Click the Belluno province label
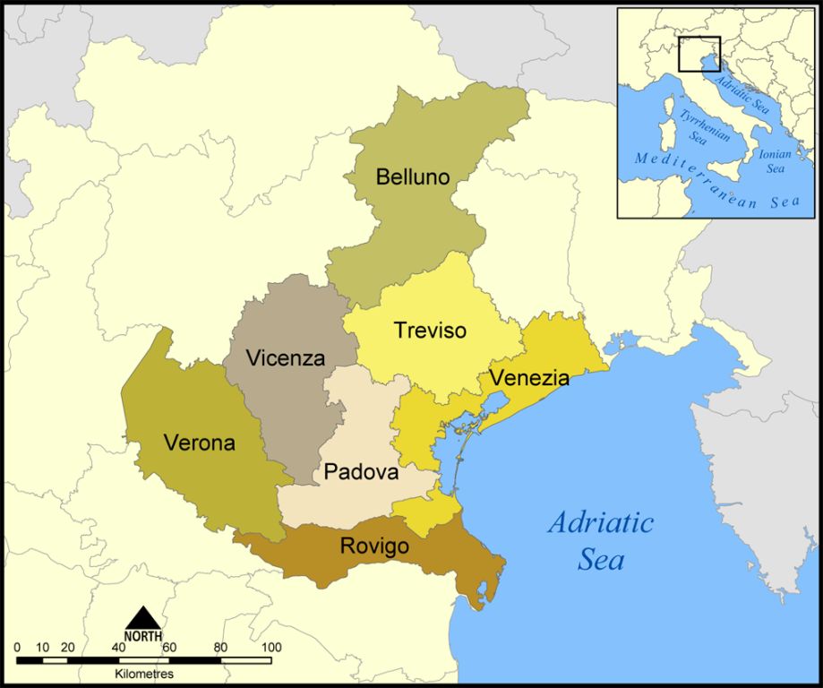point(413,176)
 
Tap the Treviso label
point(430,331)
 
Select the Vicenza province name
point(286,358)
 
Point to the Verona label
point(199,443)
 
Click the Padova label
point(361,471)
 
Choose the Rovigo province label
point(374,546)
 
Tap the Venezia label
point(529,378)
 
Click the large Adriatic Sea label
point(601,541)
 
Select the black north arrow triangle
point(143,618)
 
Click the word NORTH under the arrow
point(143,636)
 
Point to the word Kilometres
point(144,674)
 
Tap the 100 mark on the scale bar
point(271,647)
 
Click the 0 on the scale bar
point(17,647)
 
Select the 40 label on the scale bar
point(119,647)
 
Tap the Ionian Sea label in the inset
point(775,160)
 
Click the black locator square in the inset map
point(699,54)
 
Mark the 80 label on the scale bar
point(220,647)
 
